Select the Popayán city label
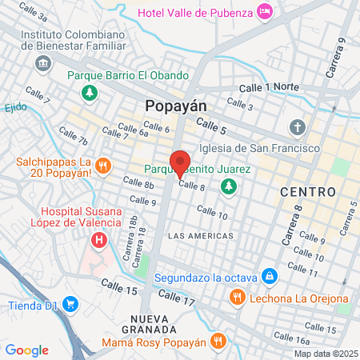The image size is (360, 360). pos(176,106)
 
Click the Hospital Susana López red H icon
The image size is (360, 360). pos(99,239)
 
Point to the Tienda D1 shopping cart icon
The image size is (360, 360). pos(70,304)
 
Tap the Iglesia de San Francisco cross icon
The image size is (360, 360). pos(298,127)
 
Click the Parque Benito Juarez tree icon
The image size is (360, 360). pos(230,186)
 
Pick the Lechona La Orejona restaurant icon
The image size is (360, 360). pos(236,298)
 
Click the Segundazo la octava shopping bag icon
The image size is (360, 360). pos(270,276)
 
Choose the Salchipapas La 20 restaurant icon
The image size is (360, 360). pos(103,167)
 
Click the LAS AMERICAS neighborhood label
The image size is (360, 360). pos(202,236)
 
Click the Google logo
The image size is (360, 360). pos(26,350)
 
